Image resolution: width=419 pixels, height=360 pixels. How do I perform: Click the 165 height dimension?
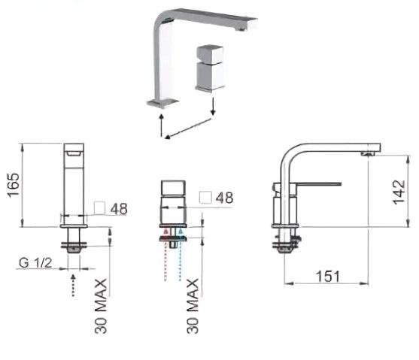14,185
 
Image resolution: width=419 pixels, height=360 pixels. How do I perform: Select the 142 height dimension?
399,192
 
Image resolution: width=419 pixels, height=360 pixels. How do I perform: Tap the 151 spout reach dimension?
328,276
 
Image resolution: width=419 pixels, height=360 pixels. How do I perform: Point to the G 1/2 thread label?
35,263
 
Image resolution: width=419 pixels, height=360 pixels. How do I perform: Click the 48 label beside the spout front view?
119,209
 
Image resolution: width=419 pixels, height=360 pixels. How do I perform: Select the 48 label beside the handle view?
224,198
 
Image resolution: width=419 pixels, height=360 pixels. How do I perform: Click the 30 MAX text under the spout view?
101,306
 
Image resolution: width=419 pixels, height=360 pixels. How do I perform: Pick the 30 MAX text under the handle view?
193,306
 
